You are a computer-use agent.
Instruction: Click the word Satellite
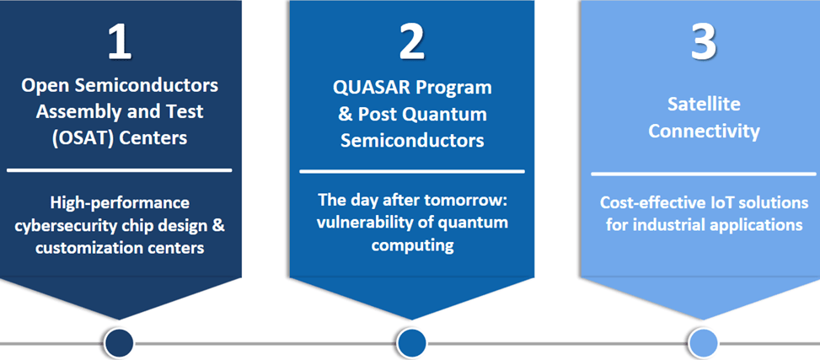(x=704, y=105)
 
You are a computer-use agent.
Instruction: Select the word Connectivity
(x=704, y=132)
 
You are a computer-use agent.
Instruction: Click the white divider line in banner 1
(x=119, y=170)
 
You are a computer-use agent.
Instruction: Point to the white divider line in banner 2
(x=411, y=172)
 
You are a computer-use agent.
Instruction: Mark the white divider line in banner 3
(x=704, y=175)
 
